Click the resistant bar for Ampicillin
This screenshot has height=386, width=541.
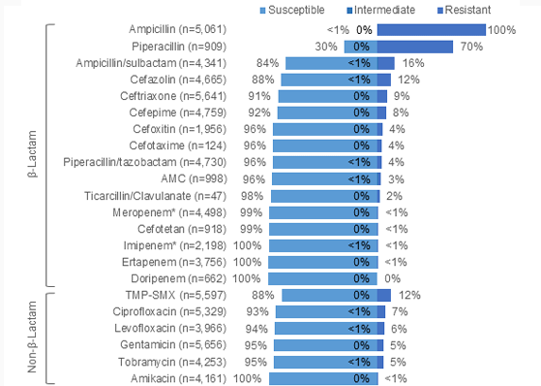(431, 30)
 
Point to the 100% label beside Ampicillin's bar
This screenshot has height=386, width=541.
(501, 30)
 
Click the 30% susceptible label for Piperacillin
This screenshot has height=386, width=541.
(326, 47)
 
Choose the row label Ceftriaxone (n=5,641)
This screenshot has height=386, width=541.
(190, 96)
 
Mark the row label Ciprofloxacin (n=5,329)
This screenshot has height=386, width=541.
(188, 310)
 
